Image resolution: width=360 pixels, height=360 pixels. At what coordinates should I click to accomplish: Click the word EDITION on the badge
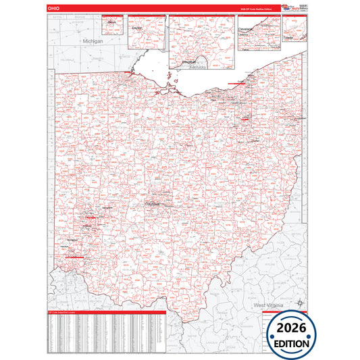[288, 343]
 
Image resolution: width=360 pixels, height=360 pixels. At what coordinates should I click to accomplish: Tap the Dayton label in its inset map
[138, 28]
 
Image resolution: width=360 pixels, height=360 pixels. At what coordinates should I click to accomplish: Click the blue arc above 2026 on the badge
[288, 315]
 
